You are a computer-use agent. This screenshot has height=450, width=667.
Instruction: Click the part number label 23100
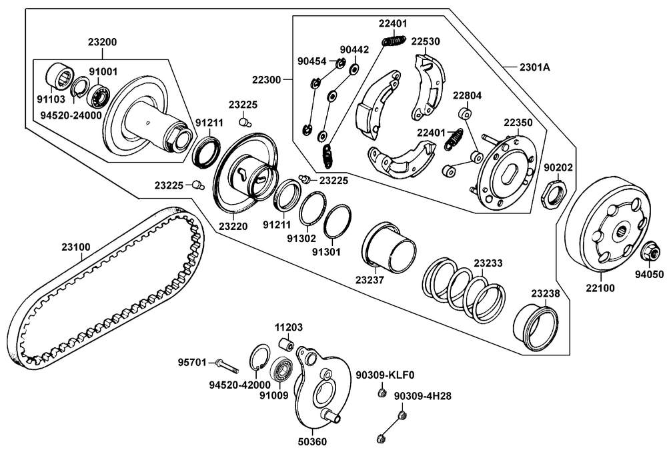[x=76, y=247]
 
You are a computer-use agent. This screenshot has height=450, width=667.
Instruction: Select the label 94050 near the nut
[x=649, y=274]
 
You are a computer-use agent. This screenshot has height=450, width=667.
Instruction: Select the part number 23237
[x=370, y=280]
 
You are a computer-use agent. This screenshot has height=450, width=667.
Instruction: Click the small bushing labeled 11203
[x=287, y=345]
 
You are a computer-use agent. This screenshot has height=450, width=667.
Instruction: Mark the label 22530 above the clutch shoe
[x=425, y=41]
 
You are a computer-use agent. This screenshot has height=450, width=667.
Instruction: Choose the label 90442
[x=354, y=50]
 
